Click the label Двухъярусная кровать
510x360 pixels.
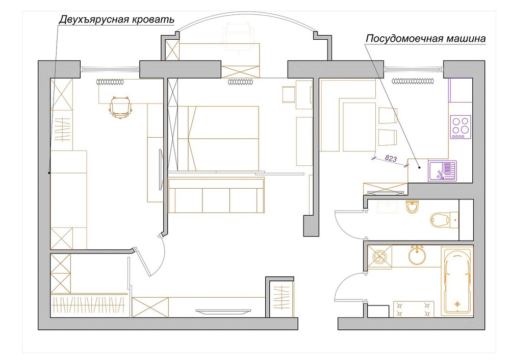click(116, 19)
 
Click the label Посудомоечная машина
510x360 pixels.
click(425, 39)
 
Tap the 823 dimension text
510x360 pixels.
click(391, 159)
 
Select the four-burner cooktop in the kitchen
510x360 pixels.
click(460, 127)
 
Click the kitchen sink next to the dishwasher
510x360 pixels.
click(442, 171)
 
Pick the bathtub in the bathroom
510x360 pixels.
click(457, 280)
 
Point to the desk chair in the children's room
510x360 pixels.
click(120, 107)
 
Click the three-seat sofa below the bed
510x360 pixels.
click(217, 199)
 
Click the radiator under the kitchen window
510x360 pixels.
click(413, 81)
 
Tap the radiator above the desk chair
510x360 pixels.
click(110, 81)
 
